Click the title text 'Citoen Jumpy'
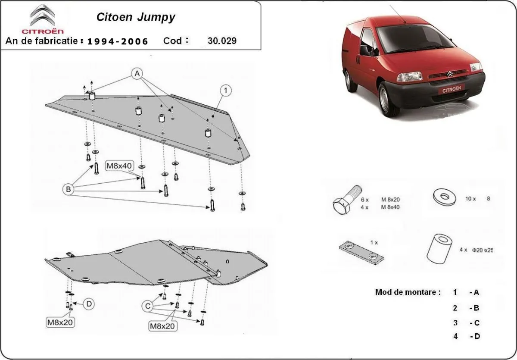point(135,17)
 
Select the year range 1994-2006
point(118,41)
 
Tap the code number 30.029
point(221,41)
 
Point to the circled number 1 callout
point(225,90)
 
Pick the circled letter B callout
point(69,188)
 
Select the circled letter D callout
point(88,304)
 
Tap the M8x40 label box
point(119,165)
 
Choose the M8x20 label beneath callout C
point(162,326)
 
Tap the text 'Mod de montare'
point(408,292)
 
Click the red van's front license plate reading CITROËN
point(451,90)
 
